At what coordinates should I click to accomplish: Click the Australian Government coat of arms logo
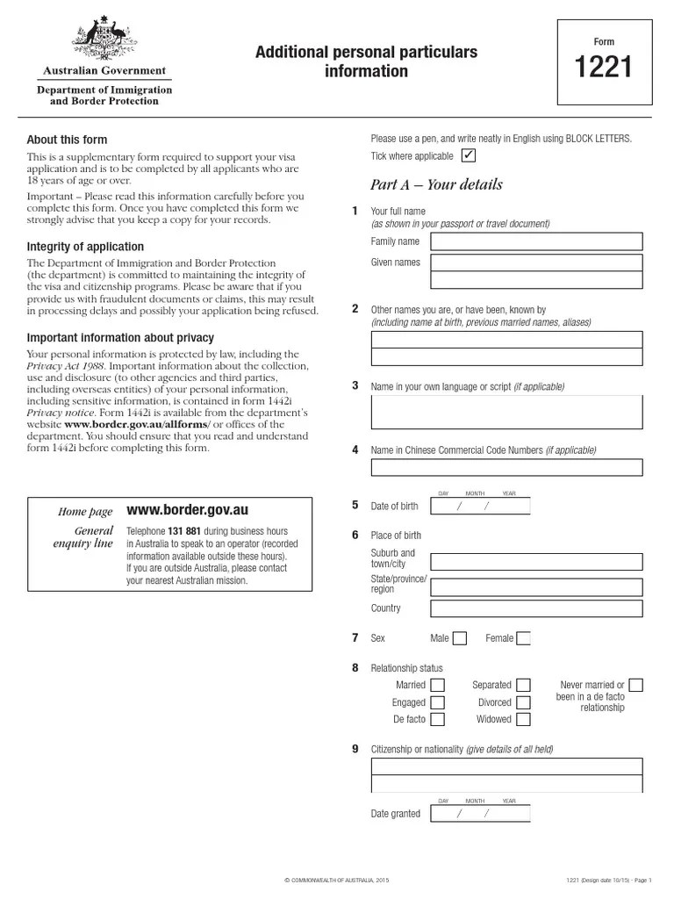(104, 40)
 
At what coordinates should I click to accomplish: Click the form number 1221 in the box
(604, 68)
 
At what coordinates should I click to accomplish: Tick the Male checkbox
(460, 638)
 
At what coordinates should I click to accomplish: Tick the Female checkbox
(524, 638)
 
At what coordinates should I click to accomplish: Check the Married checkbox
(437, 685)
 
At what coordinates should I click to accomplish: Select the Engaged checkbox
(437, 702)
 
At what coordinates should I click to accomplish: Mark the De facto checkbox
(437, 719)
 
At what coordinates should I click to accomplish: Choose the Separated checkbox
(523, 685)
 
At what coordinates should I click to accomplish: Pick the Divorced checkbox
(523, 702)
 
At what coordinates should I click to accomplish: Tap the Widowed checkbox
(523, 719)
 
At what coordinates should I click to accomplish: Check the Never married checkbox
(636, 685)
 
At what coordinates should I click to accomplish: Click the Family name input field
(536, 241)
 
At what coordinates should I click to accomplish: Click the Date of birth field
(480, 507)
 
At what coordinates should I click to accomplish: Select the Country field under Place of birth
(536, 608)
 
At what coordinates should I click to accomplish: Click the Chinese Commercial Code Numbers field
(506, 467)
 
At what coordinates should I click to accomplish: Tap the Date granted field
(480, 814)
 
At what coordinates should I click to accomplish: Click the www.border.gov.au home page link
(188, 510)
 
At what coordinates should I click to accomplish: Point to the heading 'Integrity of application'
(84, 246)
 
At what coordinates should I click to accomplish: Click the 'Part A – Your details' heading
(437, 184)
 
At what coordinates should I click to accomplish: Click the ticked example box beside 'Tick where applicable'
(469, 156)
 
